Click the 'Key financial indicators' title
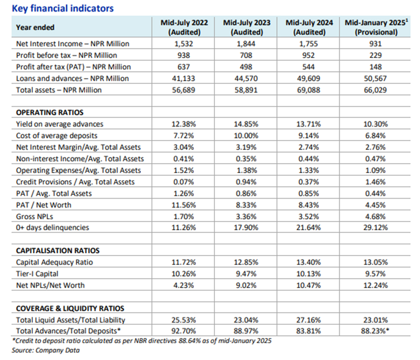(63, 8)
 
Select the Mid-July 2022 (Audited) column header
(184, 28)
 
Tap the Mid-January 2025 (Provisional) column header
(376, 28)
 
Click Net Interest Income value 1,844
(246, 44)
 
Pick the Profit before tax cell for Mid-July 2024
(308, 55)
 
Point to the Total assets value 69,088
(308, 90)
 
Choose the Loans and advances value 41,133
(184, 78)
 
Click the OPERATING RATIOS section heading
(50, 112)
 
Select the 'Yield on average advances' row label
(60, 124)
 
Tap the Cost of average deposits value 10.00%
(246, 136)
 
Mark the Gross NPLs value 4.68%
(375, 216)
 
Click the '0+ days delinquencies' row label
(53, 228)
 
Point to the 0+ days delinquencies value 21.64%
(308, 228)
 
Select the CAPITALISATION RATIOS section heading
(58, 251)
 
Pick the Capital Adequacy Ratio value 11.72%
(184, 262)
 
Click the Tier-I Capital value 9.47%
(246, 274)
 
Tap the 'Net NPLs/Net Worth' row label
(50, 285)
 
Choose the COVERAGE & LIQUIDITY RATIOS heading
(70, 308)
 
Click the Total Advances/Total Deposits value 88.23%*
(375, 331)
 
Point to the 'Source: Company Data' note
(45, 350)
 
